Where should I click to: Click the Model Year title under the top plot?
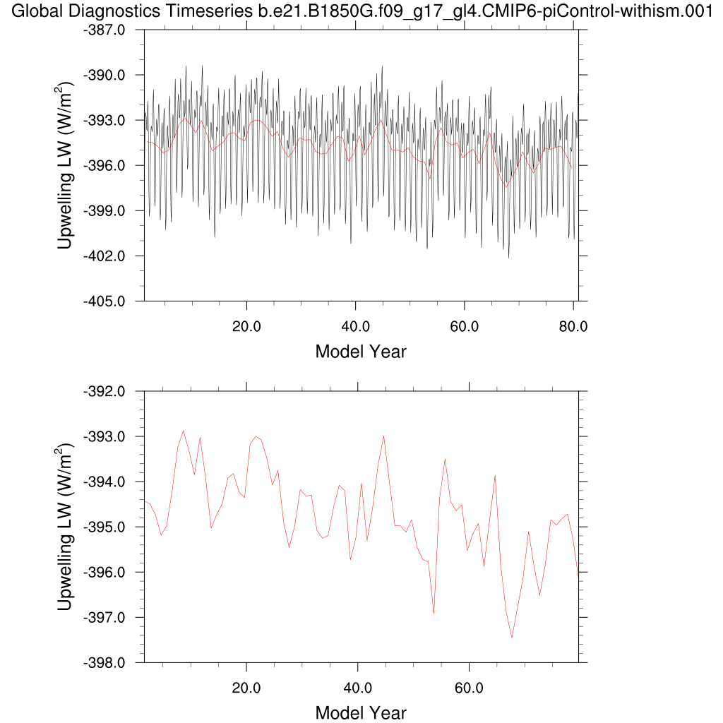click(x=361, y=351)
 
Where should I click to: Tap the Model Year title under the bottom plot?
click(x=361, y=712)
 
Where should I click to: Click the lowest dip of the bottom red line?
click(x=512, y=638)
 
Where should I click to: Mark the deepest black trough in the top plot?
click(x=508, y=258)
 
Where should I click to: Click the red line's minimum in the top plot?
click(x=506, y=186)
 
